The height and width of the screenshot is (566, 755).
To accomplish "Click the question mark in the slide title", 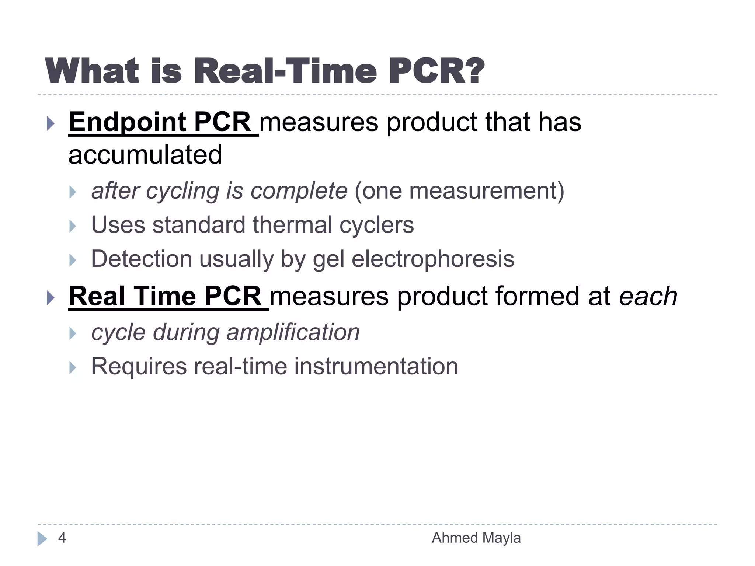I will point(471,71).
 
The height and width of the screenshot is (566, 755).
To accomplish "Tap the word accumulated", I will point(145,155).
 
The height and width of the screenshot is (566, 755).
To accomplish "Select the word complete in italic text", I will point(299,191).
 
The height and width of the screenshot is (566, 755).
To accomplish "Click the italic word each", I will point(648,297).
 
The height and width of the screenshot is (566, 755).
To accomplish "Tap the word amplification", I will point(293,332).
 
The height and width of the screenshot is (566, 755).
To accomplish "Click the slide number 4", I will point(62,538).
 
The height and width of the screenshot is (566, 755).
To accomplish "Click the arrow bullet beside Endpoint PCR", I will point(51,123).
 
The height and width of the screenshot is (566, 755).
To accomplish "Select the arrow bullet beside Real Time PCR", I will point(51,297).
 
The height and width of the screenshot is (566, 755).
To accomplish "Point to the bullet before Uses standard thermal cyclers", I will point(73,226).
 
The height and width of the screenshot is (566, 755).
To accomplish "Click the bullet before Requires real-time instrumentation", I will point(73,367).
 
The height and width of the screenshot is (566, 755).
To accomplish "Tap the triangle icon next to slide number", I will point(42,539).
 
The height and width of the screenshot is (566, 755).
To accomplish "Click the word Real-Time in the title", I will point(288,71).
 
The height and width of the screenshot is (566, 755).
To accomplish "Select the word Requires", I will point(139,367).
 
